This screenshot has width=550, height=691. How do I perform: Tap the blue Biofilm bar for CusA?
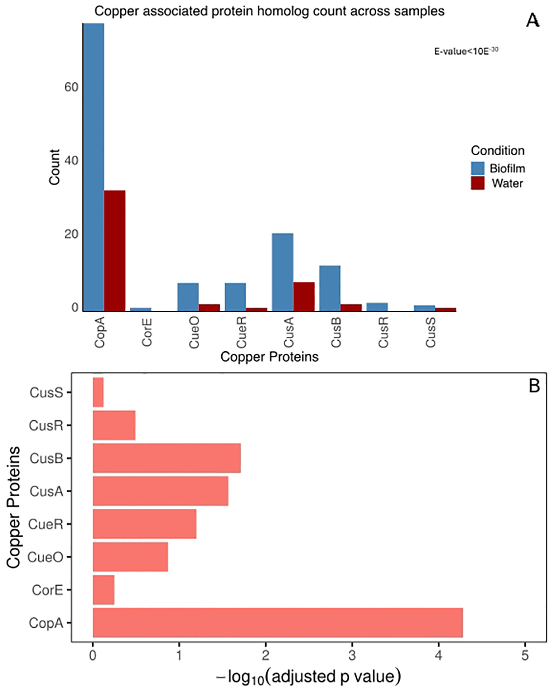283,272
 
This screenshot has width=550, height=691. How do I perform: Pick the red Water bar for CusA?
304,297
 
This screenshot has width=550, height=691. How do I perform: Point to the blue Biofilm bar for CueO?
188,297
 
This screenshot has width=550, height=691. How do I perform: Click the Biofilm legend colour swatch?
478,168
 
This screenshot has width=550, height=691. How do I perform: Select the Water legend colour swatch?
478,183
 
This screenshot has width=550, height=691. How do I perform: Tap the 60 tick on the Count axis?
71,87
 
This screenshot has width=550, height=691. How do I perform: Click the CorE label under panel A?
147,332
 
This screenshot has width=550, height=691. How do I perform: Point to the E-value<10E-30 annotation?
466,51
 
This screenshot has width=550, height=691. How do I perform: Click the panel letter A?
533,21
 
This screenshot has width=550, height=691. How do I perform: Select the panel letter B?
534,386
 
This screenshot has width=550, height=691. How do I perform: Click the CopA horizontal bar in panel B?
278,623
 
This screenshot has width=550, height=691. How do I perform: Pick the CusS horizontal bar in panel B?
98,392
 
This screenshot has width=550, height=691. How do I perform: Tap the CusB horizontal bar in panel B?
167,458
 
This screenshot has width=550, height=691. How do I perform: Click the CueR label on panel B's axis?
46,524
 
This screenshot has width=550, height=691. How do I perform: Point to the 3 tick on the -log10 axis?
352,656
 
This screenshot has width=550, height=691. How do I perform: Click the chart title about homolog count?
269,11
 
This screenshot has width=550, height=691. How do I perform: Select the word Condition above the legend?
497,151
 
